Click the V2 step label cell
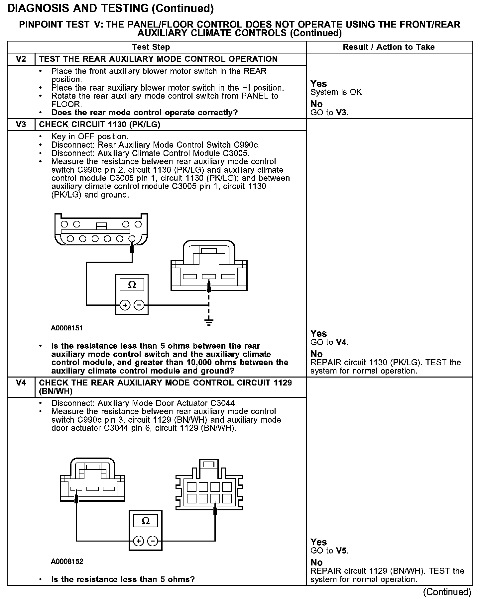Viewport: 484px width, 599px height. click(x=21, y=59)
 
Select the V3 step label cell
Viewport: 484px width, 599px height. click(x=21, y=125)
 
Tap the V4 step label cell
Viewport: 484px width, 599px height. click(x=21, y=383)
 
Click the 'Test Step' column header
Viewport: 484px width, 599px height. click(x=151, y=47)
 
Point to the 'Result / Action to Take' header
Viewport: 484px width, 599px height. click(x=389, y=47)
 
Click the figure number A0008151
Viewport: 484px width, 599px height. click(x=66, y=328)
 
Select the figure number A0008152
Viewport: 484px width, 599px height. click(x=67, y=561)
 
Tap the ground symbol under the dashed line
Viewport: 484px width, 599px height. click(x=209, y=322)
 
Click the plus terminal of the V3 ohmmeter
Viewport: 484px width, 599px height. click(x=125, y=305)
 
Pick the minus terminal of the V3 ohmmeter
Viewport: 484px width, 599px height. click(x=139, y=305)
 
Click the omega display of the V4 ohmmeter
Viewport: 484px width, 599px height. click(x=146, y=521)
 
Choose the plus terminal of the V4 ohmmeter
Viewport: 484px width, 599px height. click(x=138, y=541)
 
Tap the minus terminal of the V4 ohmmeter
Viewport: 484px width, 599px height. click(x=153, y=541)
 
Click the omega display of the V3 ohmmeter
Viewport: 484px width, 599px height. click(x=132, y=285)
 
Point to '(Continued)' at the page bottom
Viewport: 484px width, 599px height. click(x=447, y=592)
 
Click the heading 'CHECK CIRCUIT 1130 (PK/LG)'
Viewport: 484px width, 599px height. click(x=100, y=125)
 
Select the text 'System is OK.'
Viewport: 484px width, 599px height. click(x=337, y=92)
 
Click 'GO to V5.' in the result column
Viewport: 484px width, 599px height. click(x=329, y=551)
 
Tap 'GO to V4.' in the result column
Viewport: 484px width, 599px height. click(x=329, y=342)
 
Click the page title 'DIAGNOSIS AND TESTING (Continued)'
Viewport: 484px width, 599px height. click(x=110, y=8)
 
